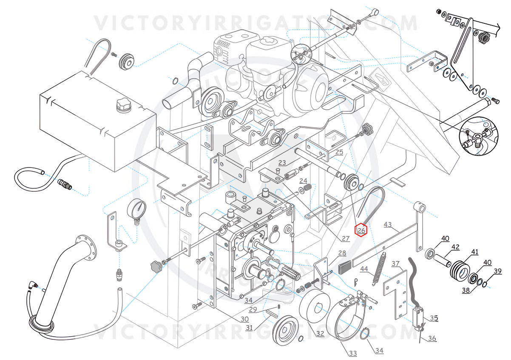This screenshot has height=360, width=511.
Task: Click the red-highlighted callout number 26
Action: [x=361, y=230]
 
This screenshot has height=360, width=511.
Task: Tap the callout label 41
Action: [x=474, y=252]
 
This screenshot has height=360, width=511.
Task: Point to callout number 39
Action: [x=498, y=271]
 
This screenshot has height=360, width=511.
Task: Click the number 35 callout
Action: [x=433, y=317]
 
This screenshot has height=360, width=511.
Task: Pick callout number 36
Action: [x=432, y=339]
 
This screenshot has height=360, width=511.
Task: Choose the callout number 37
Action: [x=395, y=264]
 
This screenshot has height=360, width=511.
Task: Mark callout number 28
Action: [x=342, y=253]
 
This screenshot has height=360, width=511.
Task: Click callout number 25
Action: [x=339, y=152]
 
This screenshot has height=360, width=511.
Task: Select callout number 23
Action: [x=282, y=162]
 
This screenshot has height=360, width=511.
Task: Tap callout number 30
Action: [x=244, y=319]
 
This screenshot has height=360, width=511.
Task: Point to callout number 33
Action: [x=352, y=353]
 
